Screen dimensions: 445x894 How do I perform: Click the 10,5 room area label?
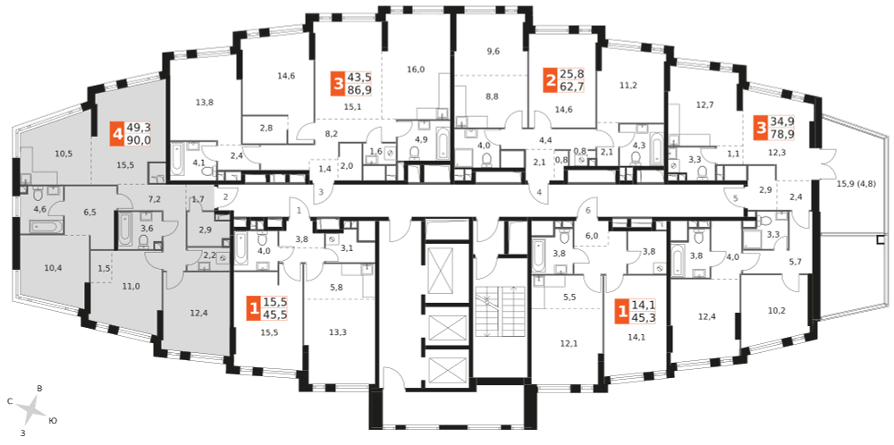(x=63, y=154)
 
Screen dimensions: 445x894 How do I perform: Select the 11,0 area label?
(x=131, y=286)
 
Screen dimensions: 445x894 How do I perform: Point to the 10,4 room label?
(x=54, y=268)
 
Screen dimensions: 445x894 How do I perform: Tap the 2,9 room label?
(x=205, y=231)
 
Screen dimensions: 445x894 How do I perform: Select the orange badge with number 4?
(x=117, y=135)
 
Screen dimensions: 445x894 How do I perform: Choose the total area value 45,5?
(x=274, y=314)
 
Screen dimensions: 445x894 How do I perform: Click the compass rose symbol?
(x=35, y=409)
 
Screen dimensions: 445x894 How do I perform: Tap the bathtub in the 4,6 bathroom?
(x=42, y=228)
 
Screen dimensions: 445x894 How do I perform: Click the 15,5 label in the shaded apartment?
(x=126, y=165)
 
